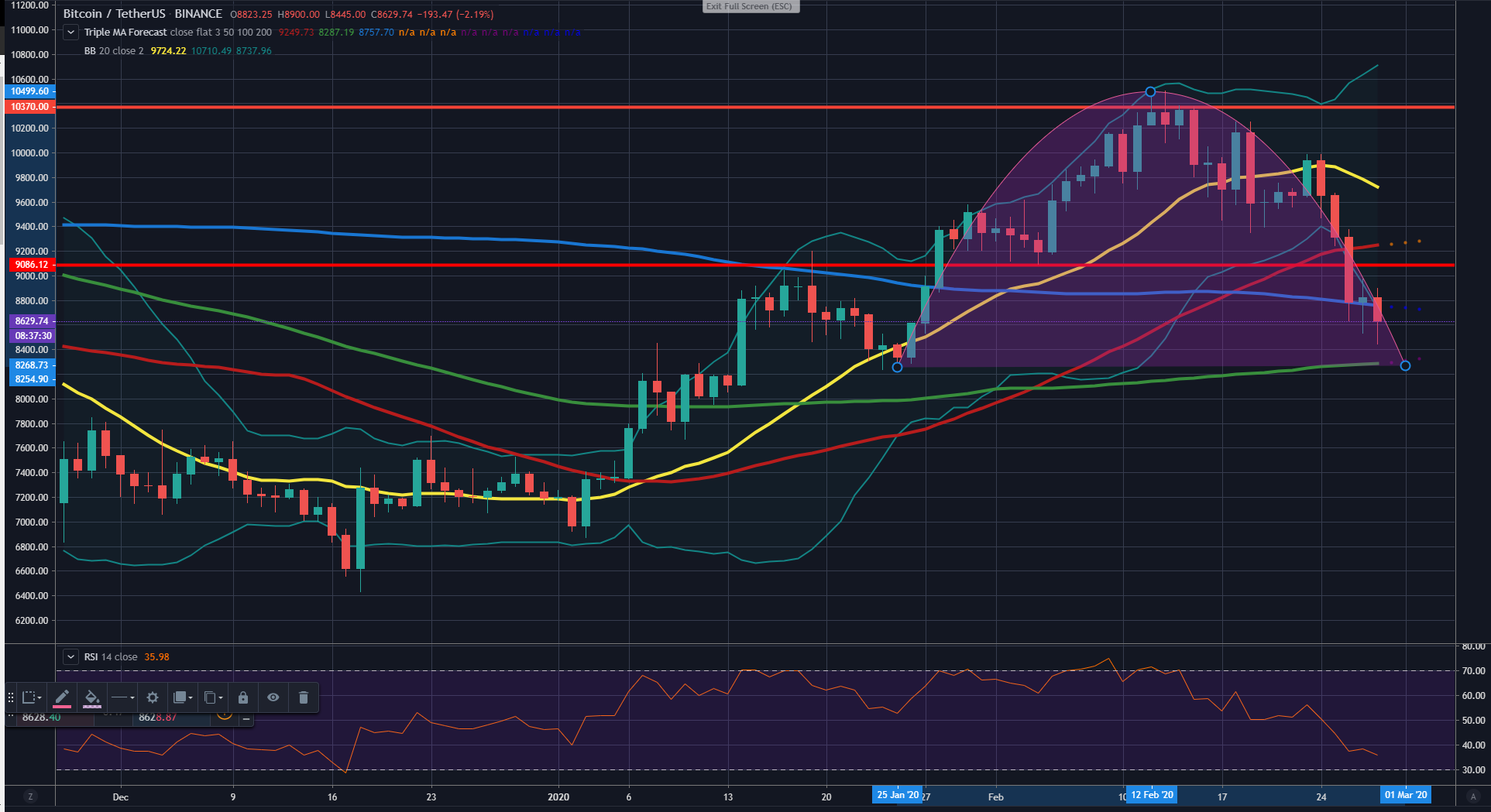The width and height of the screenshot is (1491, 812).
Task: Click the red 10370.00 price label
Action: coord(29,107)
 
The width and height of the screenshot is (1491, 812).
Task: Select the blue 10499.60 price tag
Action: coord(29,91)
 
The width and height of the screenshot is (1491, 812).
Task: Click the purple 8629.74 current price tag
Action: coord(31,320)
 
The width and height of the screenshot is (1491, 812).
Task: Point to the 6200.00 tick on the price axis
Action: coord(31,621)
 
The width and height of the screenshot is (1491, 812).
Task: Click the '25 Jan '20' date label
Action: coord(897,795)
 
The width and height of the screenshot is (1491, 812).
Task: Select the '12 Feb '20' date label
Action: coord(1152,795)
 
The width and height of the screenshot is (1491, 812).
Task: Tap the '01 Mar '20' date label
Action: coord(1406,795)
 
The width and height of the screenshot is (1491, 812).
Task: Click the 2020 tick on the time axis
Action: coord(558,797)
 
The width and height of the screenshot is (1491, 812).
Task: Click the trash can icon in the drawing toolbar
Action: coord(304,697)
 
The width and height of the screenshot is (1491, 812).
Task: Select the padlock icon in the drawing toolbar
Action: coord(243,697)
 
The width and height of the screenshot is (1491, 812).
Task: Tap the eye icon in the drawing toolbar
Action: coord(273,697)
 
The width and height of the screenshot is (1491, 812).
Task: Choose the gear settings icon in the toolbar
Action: coord(153,697)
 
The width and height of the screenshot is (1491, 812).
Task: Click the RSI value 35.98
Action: coord(156,657)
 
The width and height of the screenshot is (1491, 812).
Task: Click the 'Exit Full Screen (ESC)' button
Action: coord(749,6)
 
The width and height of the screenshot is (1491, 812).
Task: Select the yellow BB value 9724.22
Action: coord(168,51)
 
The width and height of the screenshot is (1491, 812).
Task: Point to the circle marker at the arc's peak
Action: coord(1150,91)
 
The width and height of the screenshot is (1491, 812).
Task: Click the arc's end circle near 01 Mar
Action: coord(1406,365)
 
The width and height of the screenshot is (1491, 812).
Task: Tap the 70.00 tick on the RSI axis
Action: coord(1473,671)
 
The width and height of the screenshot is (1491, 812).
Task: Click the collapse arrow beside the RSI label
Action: coord(70,657)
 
